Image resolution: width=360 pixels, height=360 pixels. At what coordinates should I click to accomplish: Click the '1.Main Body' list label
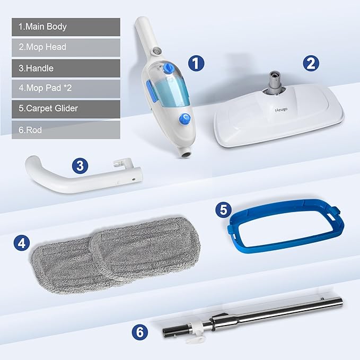pos(66,27)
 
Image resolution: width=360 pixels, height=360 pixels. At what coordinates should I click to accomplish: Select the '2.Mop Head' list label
pos(66,47)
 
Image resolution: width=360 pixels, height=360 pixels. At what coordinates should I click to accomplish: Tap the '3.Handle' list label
pos(66,68)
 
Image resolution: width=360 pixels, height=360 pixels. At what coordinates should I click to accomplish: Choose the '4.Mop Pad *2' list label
pos(66,89)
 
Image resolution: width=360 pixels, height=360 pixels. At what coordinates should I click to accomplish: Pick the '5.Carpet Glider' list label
pos(66,109)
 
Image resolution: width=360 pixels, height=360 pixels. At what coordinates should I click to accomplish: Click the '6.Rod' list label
pos(66,129)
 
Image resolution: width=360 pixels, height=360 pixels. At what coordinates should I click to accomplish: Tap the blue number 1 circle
pos(196,64)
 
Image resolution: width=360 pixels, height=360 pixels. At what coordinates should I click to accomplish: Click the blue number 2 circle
pos(311,64)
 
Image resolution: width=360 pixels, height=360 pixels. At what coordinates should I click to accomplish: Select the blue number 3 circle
pos(80,164)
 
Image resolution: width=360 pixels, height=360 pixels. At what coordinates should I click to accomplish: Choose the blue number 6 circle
pos(139,332)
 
